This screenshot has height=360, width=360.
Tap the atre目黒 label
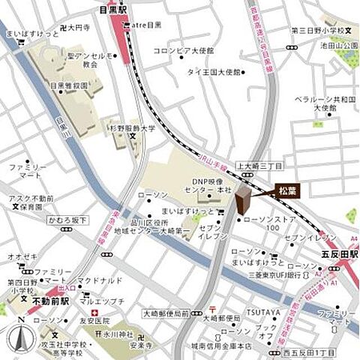(148, 25)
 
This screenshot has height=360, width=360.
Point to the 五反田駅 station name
(337, 255)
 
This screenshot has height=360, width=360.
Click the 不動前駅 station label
(50, 301)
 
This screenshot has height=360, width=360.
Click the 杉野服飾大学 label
(134, 128)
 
